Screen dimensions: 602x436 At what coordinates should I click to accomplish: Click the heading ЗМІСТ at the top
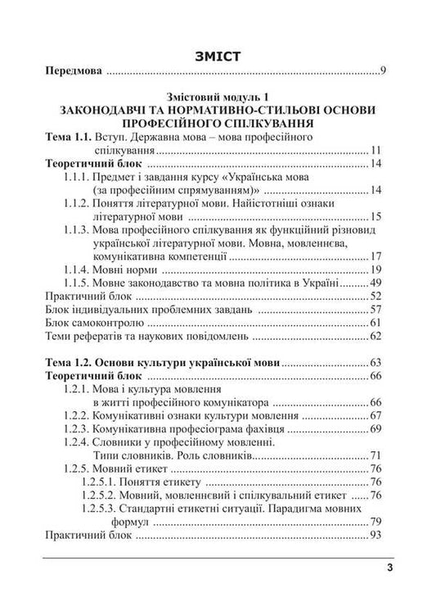point(217,55)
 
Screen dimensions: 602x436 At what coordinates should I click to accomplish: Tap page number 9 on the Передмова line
point(383,73)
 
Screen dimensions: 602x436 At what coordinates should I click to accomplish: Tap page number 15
point(377,217)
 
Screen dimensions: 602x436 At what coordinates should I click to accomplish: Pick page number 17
point(377,256)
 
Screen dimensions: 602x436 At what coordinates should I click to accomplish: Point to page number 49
point(377,283)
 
